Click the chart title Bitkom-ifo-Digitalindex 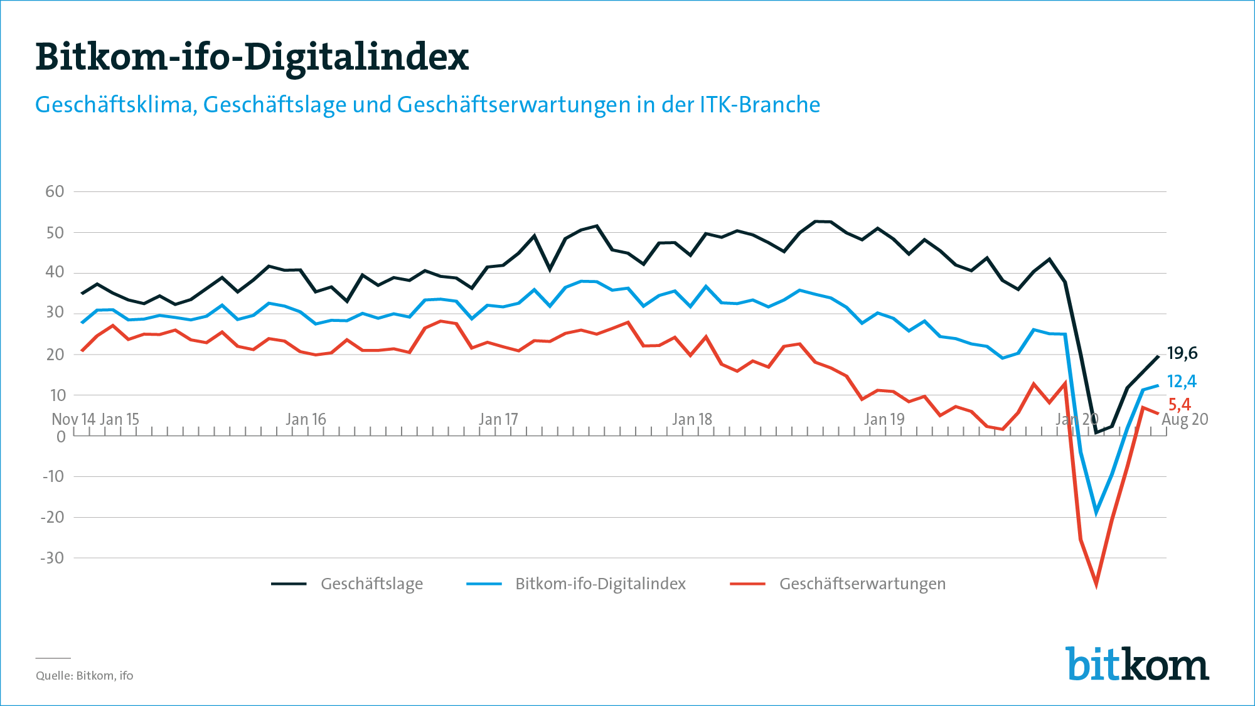click(x=252, y=56)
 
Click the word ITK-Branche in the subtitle click(x=760, y=105)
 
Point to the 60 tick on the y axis click(x=55, y=191)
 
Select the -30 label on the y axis click(x=52, y=558)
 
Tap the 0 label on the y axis click(x=61, y=437)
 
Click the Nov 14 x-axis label click(x=73, y=419)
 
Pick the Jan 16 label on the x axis click(x=306, y=419)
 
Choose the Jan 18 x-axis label click(x=692, y=419)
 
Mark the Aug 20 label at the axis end click(x=1185, y=419)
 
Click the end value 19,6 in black click(x=1182, y=353)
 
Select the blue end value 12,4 click(x=1182, y=381)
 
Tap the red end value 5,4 click(x=1180, y=405)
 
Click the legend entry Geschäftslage click(x=371, y=584)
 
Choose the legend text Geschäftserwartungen click(x=862, y=584)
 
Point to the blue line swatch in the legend click(x=484, y=584)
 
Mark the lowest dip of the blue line click(x=1096, y=513)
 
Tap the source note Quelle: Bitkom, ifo click(x=85, y=676)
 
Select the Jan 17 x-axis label click(x=499, y=419)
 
